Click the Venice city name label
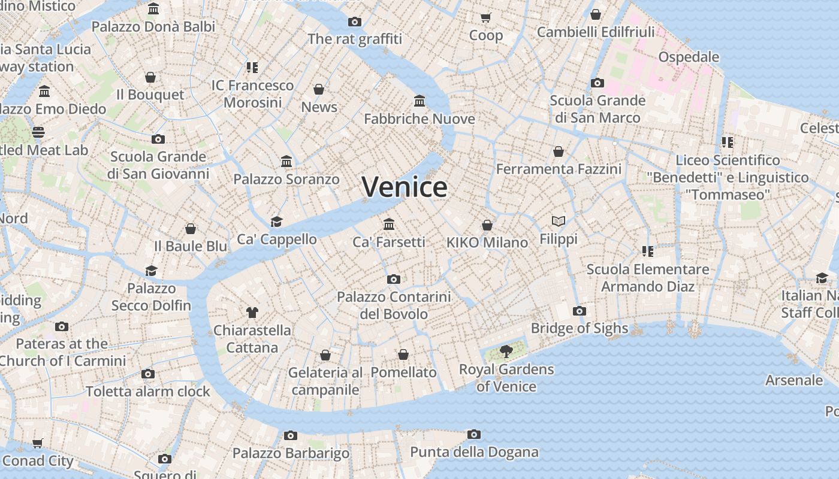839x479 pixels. click(x=405, y=187)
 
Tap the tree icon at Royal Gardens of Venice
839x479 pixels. click(x=506, y=351)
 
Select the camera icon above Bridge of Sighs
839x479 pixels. click(x=579, y=311)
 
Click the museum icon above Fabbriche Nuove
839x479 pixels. click(x=419, y=101)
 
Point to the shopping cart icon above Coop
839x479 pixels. click(x=486, y=17)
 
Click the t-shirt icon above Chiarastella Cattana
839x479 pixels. click(x=252, y=312)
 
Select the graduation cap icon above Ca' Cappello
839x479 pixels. click(x=276, y=222)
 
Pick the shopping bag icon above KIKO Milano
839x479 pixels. click(x=487, y=225)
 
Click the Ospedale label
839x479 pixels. click(x=689, y=57)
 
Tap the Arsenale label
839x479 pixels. click(x=794, y=380)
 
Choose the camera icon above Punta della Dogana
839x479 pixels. click(x=474, y=434)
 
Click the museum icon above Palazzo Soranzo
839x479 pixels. click(x=286, y=161)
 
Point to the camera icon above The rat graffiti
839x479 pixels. click(x=355, y=22)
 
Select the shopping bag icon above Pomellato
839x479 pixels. click(x=403, y=354)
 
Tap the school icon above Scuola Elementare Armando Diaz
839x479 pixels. click(x=647, y=251)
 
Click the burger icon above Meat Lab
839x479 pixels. click(x=38, y=132)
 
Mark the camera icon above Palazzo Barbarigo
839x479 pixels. click(x=291, y=435)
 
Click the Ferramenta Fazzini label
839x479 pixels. click(x=559, y=169)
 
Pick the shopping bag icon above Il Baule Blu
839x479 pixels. click(x=191, y=229)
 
